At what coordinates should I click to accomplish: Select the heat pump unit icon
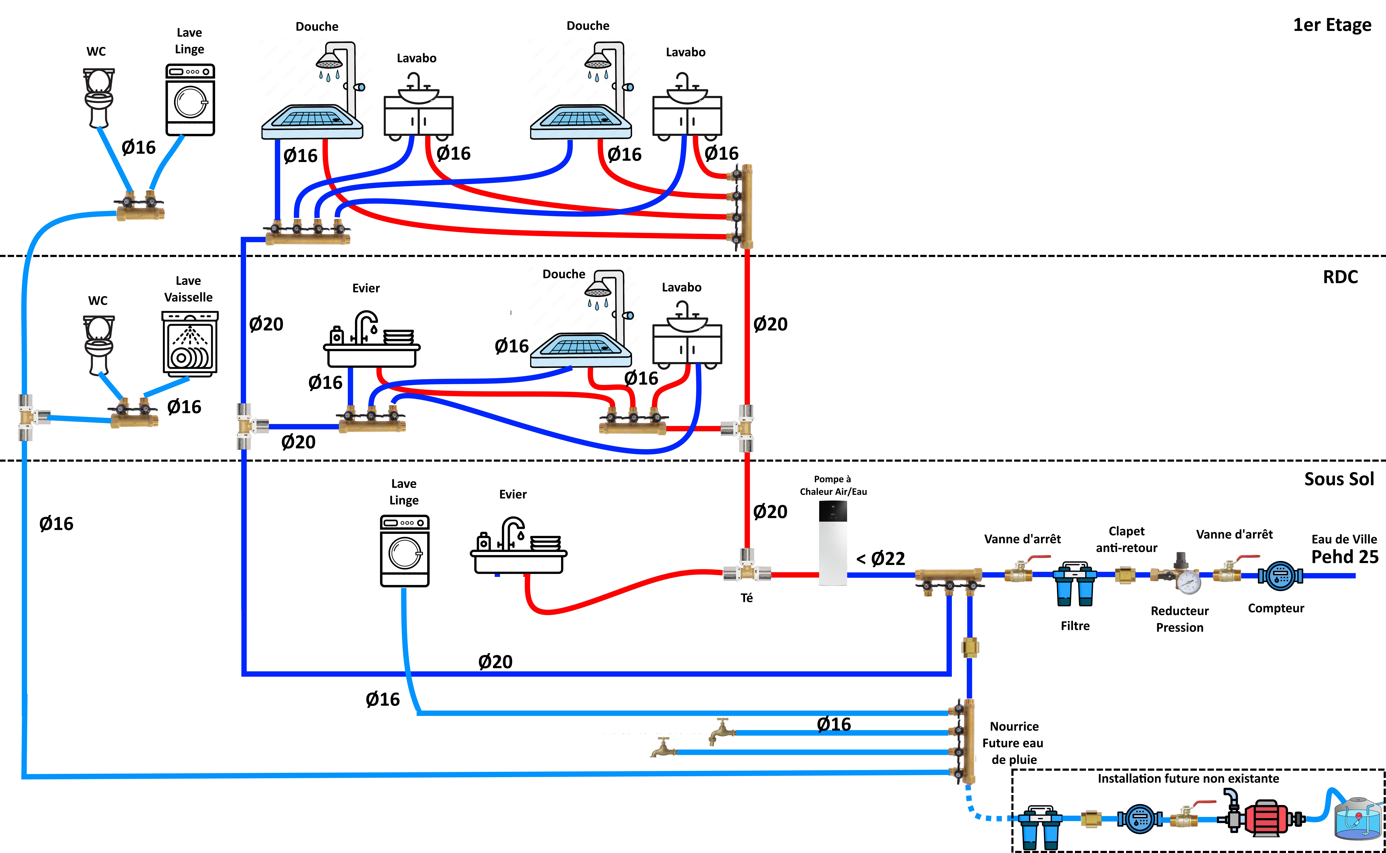pyautogui.click(x=833, y=543)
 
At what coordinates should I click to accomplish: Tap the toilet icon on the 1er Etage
pyautogui.click(x=99, y=97)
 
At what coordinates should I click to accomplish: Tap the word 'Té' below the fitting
pyautogui.click(x=746, y=598)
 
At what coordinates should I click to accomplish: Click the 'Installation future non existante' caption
pyautogui.click(x=1188, y=779)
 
